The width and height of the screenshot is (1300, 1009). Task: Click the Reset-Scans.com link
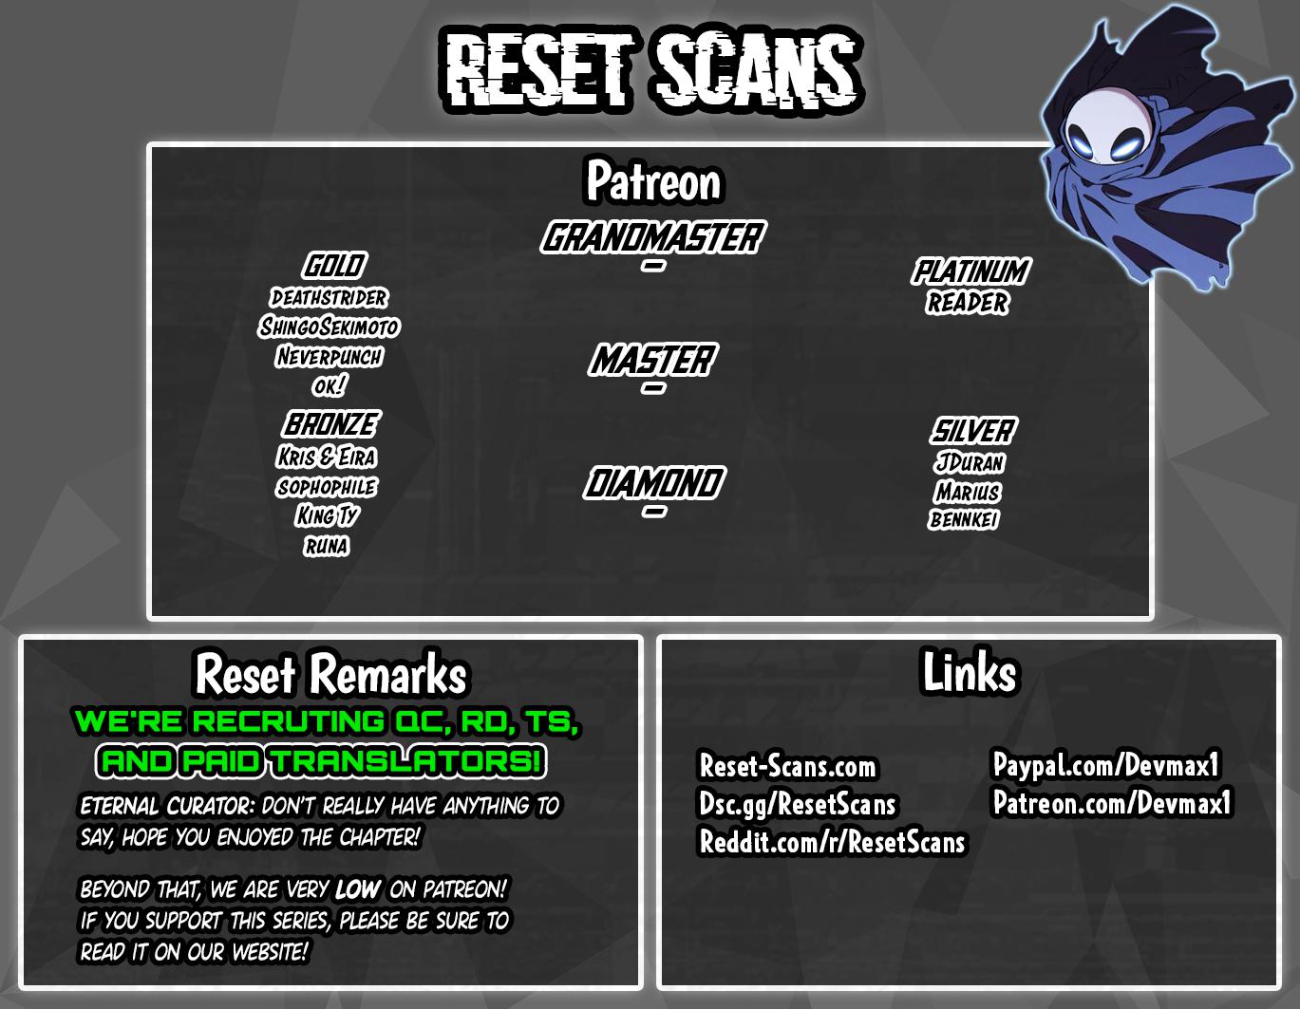coord(787,766)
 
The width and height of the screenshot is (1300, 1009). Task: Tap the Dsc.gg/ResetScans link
coord(798,805)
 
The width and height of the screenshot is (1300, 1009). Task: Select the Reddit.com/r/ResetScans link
coord(832,842)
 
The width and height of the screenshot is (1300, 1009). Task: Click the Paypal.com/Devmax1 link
coord(1106,765)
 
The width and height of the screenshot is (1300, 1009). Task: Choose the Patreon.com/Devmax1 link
coord(1113,802)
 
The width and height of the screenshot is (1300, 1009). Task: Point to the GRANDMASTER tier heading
coord(652,237)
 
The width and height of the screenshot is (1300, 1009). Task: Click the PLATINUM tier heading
coord(970,271)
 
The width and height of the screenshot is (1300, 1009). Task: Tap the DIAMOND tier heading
coord(654,483)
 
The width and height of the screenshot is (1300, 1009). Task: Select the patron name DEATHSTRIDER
coord(329,298)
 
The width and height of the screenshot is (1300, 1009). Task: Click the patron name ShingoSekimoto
coord(330,327)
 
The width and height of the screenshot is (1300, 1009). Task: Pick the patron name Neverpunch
coord(330,357)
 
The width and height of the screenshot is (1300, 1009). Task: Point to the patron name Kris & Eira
coord(327,458)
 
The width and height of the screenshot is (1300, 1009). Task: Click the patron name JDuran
coord(970,462)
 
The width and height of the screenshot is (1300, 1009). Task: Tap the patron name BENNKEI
coord(964,519)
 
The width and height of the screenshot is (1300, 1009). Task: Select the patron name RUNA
coord(326,546)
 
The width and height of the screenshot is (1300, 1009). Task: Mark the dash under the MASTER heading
coord(653,388)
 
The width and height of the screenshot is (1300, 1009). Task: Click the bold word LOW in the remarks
coord(358,889)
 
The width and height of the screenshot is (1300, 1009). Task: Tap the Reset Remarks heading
coord(330,674)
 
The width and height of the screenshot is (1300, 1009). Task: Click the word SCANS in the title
coord(756,72)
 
